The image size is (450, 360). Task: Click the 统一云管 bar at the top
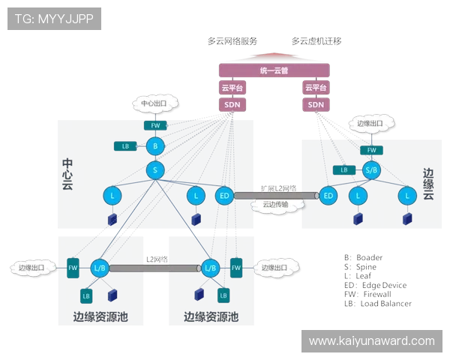coord(274,70)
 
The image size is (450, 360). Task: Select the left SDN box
coord(231,105)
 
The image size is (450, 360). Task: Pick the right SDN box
coord(316,105)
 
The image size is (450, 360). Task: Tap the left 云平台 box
coord(231,88)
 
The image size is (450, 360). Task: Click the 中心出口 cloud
coord(156,103)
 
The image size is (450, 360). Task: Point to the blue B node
coord(155,145)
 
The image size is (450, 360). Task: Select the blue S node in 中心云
coord(155,170)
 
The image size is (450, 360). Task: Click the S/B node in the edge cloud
coord(370,170)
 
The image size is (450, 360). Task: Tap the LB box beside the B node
coord(125,145)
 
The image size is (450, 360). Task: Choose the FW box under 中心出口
coord(155,125)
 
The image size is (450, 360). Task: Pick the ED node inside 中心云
coord(223,196)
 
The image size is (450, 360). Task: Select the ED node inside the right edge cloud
coord(328,196)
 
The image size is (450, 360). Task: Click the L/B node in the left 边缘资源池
coord(100,267)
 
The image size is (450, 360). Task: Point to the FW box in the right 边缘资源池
coord(235,267)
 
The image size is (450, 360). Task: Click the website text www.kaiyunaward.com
coord(371,341)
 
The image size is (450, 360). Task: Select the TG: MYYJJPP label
coord(54,18)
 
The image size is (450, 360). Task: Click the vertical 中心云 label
coord(67,174)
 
